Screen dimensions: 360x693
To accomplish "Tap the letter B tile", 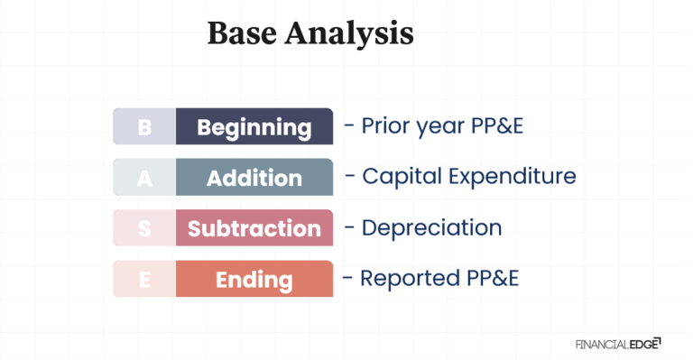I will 144,127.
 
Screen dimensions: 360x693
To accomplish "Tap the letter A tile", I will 144,178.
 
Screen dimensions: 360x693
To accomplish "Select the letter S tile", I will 144,228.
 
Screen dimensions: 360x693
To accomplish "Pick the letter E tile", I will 144,280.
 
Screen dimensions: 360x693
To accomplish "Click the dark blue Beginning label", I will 254,127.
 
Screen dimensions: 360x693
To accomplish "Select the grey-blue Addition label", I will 254,178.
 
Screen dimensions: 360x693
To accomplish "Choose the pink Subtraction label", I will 254,228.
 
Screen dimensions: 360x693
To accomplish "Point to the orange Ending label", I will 254,280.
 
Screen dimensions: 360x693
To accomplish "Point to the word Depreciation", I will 431,227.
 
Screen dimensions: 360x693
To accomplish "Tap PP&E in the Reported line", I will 488,278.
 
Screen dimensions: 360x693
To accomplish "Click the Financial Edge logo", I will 617,343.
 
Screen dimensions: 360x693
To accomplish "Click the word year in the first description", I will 440,126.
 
